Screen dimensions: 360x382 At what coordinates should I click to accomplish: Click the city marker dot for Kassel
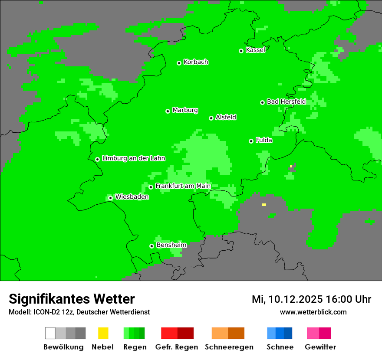tap(241, 51)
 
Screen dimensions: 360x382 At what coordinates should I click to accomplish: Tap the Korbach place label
tap(196, 62)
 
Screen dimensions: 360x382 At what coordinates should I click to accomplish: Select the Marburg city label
tap(185, 110)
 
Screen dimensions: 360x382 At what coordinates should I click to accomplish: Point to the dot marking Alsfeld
tap(211, 118)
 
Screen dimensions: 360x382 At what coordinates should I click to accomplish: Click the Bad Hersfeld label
tap(286, 101)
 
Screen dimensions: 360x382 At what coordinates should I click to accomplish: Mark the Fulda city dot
tap(251, 141)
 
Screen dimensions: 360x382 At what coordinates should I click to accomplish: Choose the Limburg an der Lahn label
tap(133, 158)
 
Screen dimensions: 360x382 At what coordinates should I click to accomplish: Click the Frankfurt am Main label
tap(183, 186)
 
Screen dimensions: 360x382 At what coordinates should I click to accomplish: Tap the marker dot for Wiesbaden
tap(110, 198)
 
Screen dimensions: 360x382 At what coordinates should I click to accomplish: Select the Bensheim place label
tap(171, 245)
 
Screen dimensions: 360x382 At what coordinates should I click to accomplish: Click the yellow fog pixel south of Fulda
tap(264, 205)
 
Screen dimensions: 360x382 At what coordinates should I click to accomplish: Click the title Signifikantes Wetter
tap(72, 299)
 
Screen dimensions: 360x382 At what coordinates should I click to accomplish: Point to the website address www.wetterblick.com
tap(313, 312)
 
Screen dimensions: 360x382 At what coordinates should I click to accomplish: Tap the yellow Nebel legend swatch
tap(103, 333)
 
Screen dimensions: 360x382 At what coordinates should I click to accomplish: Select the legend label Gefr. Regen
tap(177, 347)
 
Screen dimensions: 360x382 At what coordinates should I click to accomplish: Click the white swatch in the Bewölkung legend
tap(50, 333)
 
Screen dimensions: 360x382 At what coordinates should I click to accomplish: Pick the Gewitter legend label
tap(320, 347)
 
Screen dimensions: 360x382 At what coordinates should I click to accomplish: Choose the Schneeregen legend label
tap(229, 347)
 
